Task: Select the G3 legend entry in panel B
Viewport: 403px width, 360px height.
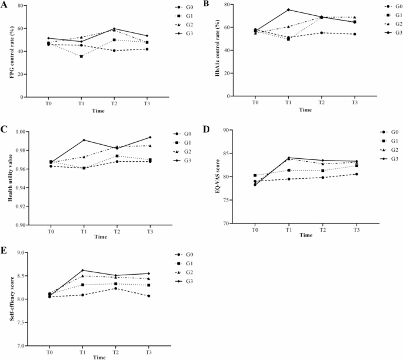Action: [380, 32]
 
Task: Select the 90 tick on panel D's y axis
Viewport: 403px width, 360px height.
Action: [236, 130]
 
